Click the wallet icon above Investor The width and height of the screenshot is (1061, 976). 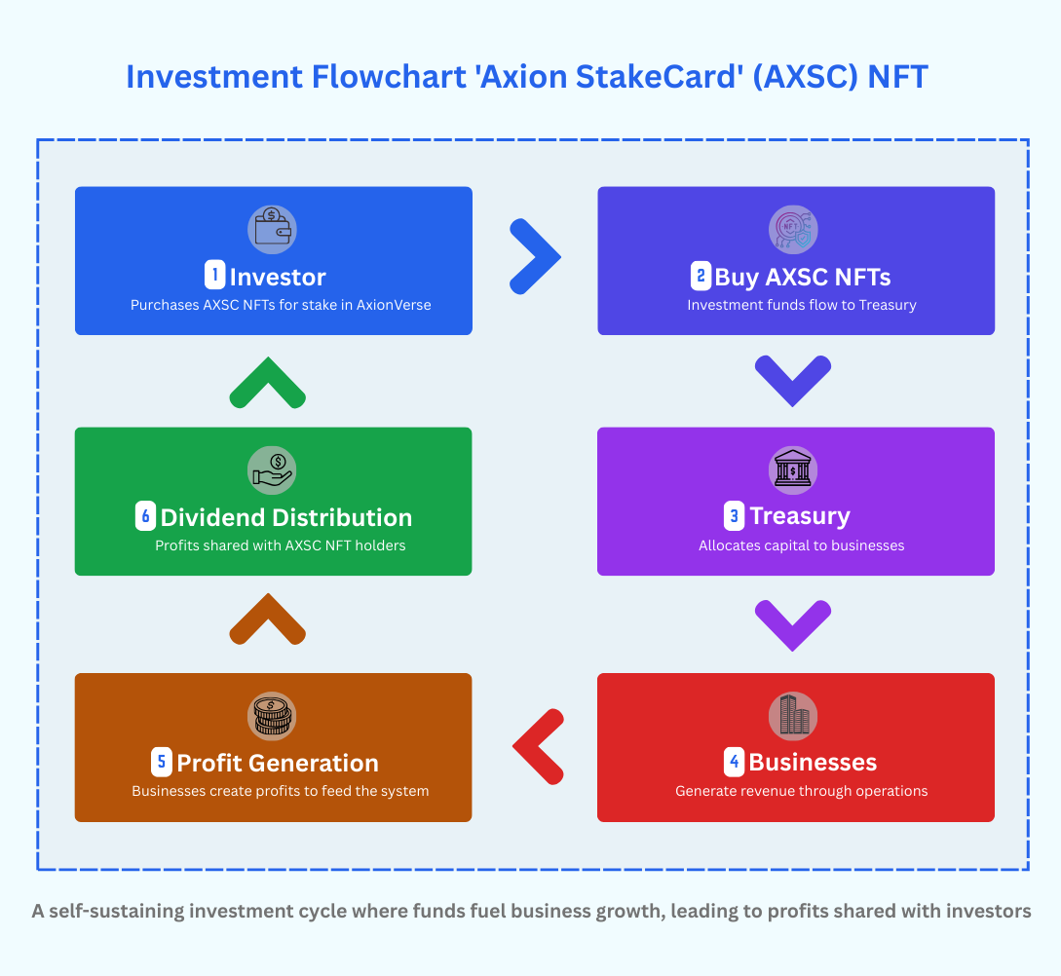click(x=272, y=230)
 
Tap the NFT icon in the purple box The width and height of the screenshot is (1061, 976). click(x=793, y=230)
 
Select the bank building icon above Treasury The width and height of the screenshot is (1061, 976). click(x=793, y=470)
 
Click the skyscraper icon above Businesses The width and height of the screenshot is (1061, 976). click(x=793, y=716)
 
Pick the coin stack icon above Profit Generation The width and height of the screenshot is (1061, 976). click(x=272, y=716)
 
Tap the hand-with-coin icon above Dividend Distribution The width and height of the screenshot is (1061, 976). click(x=272, y=470)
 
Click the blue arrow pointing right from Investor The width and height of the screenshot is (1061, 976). click(x=535, y=256)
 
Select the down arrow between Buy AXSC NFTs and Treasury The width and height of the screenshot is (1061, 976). click(x=793, y=381)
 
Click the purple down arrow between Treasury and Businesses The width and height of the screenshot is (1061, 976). click(x=793, y=624)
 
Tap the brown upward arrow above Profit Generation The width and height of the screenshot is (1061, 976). click(x=268, y=620)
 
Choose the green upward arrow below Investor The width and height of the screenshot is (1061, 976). click(x=268, y=383)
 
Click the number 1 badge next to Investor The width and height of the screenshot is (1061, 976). click(x=214, y=276)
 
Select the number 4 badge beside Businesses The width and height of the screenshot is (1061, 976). click(x=735, y=762)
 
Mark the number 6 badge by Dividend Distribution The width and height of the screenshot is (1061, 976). click(x=145, y=516)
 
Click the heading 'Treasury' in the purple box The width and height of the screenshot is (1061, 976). click(x=799, y=516)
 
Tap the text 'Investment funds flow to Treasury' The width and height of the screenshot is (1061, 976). click(x=801, y=305)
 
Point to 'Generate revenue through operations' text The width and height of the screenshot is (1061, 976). click(x=801, y=791)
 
